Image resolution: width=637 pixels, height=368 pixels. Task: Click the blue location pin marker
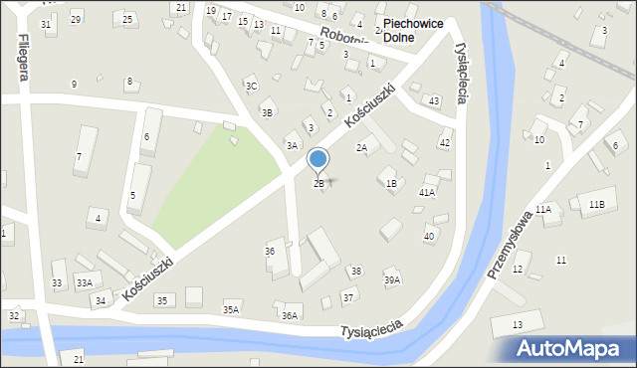point(318,159)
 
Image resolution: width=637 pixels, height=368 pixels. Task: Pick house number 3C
point(252,87)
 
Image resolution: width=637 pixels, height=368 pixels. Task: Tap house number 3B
point(267,113)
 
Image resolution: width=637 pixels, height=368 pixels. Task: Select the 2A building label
point(362,148)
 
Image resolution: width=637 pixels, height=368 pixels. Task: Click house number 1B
point(391,183)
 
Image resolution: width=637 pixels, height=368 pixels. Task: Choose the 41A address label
point(426,192)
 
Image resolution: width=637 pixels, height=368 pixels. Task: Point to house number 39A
point(392,280)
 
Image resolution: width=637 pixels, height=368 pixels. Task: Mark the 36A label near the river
point(290,315)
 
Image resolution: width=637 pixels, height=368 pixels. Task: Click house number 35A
point(231,310)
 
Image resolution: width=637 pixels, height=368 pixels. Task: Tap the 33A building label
point(85,283)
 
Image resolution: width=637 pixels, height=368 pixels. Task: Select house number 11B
point(595,204)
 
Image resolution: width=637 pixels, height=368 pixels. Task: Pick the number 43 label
point(433,101)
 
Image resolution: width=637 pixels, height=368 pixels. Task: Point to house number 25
point(126,19)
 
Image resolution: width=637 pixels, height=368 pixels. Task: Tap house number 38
point(355,272)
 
